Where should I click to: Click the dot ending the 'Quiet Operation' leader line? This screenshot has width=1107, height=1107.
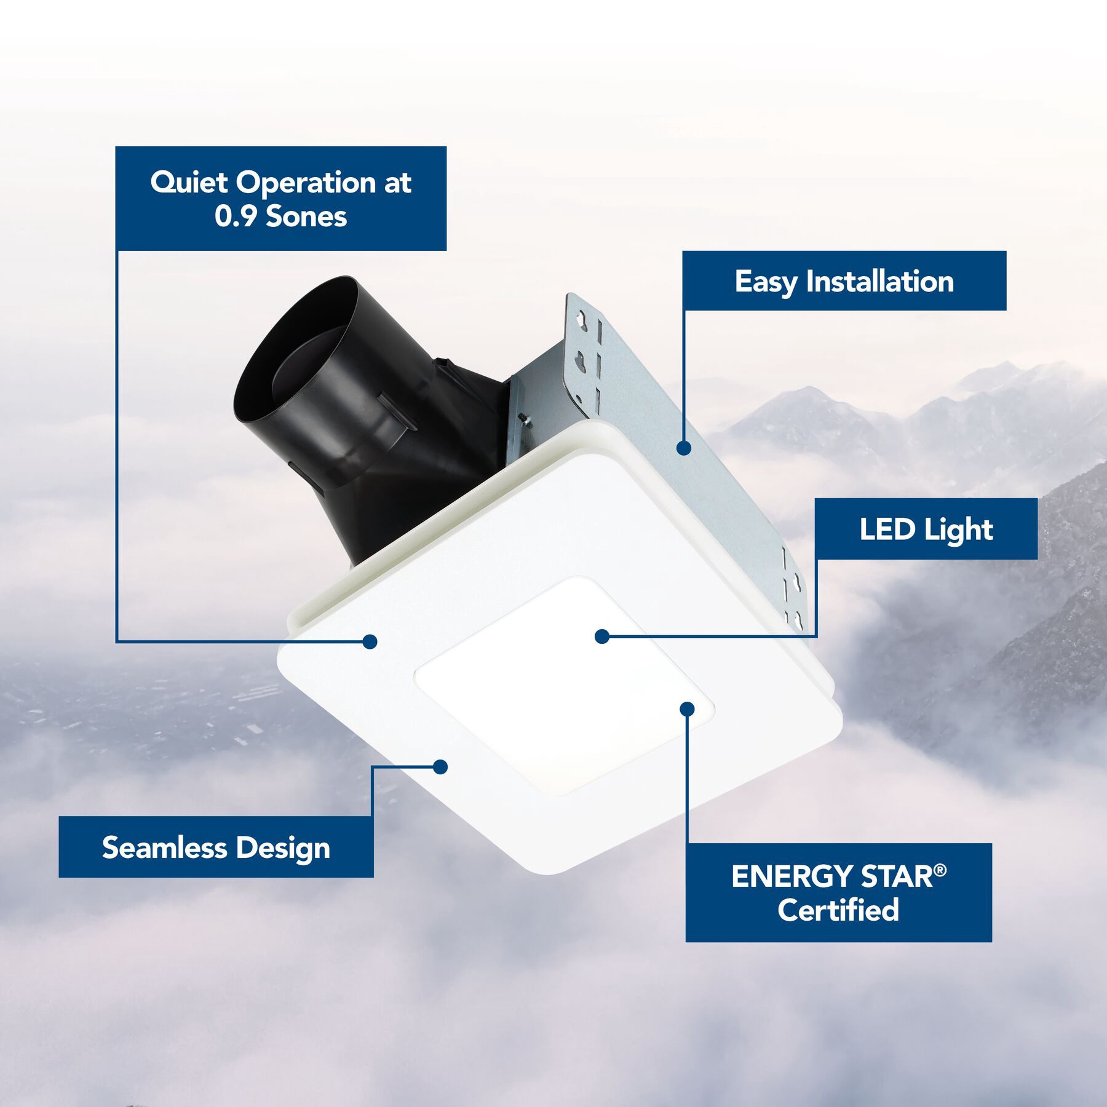[x=370, y=642]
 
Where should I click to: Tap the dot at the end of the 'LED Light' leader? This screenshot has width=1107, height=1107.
[x=602, y=637]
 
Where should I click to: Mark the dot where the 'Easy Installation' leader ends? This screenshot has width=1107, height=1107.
[x=683, y=448]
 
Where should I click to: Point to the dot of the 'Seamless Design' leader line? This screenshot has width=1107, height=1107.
[x=440, y=767]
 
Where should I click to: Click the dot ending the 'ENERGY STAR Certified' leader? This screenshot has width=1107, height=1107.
[x=688, y=709]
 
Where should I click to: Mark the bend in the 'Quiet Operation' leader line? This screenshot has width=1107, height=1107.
[x=117, y=642]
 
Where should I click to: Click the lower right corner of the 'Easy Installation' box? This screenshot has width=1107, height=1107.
[x=1006, y=310]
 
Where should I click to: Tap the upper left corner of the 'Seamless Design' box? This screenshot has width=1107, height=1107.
[x=59, y=817]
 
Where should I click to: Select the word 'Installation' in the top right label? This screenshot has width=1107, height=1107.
[x=880, y=282]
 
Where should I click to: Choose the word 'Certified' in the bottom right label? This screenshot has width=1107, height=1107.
[x=838, y=910]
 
